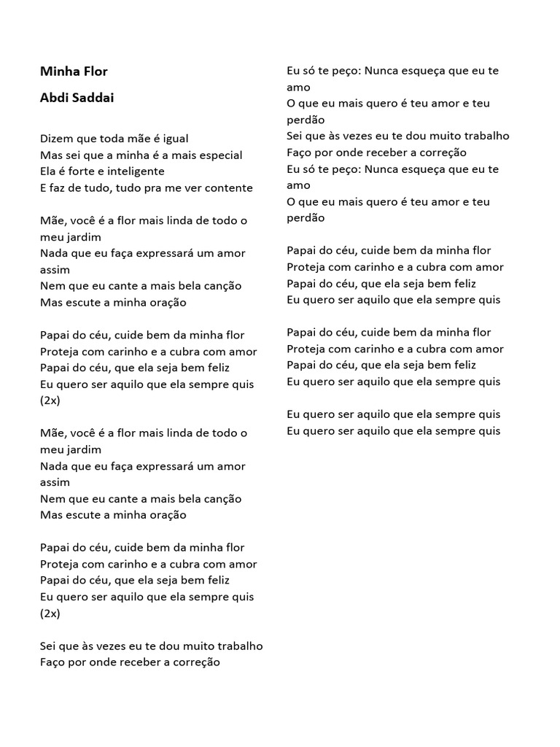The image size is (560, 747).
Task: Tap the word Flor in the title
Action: coord(96,71)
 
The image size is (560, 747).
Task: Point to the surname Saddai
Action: coord(93,98)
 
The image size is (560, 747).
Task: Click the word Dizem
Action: coord(56,138)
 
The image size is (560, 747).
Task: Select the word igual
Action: coord(176,138)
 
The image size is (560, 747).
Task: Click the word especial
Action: coord(217,155)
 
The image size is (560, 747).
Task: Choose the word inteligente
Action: coord(139,171)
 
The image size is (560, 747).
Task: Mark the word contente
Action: coord(228,187)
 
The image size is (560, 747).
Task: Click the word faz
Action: coord(58,187)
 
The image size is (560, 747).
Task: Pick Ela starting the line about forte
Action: coord(49,171)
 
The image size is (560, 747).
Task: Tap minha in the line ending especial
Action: coord(144,155)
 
